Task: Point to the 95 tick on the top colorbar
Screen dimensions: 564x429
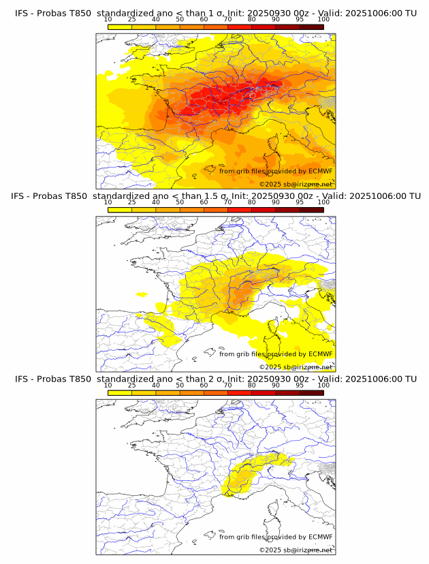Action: click(x=300, y=20)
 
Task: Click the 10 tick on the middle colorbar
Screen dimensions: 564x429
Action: click(x=108, y=202)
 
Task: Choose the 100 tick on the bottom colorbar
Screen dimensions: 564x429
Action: click(x=323, y=385)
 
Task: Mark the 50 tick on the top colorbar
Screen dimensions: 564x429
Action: click(x=180, y=20)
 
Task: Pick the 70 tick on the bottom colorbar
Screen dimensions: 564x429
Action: click(x=227, y=385)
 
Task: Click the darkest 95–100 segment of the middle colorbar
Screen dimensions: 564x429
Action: click(x=311, y=210)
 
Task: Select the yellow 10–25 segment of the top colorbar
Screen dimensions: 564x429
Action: click(x=120, y=27)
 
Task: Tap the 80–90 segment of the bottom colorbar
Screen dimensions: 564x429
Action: click(x=264, y=392)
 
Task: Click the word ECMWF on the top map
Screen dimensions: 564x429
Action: click(x=320, y=171)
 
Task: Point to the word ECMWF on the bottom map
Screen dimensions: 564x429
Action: click(x=320, y=537)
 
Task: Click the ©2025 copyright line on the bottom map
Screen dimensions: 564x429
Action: click(x=296, y=550)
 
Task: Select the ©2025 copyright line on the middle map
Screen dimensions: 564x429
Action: click(x=296, y=366)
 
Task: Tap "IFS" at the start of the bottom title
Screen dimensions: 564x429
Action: click(x=21, y=379)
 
